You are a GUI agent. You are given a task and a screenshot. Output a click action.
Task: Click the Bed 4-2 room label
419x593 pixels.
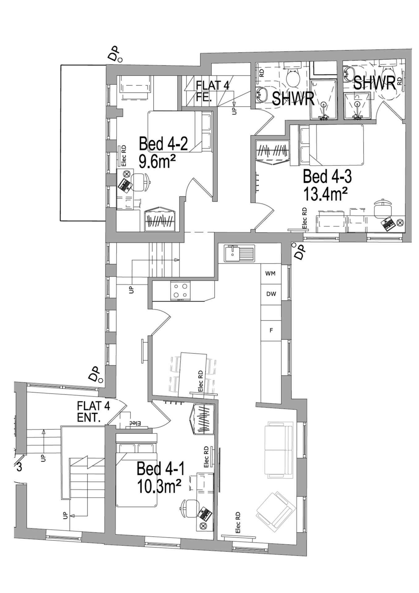coord(163,144)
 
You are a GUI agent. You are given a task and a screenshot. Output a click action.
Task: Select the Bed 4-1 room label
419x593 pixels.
coord(161,469)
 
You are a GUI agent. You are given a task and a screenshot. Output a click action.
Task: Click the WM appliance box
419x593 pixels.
coord(270,273)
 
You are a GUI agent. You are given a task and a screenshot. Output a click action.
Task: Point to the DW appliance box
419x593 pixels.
coord(271,294)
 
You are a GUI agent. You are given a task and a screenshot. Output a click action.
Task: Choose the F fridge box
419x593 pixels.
coord(271,330)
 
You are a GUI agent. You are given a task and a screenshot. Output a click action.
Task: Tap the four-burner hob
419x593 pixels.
coord(180,291)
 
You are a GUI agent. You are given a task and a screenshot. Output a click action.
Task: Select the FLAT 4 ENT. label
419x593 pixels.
coord(93,412)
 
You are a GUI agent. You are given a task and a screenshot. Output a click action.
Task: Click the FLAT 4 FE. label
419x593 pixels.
coord(213,91)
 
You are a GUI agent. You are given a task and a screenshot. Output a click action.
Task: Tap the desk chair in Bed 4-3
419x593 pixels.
coord(383,208)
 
